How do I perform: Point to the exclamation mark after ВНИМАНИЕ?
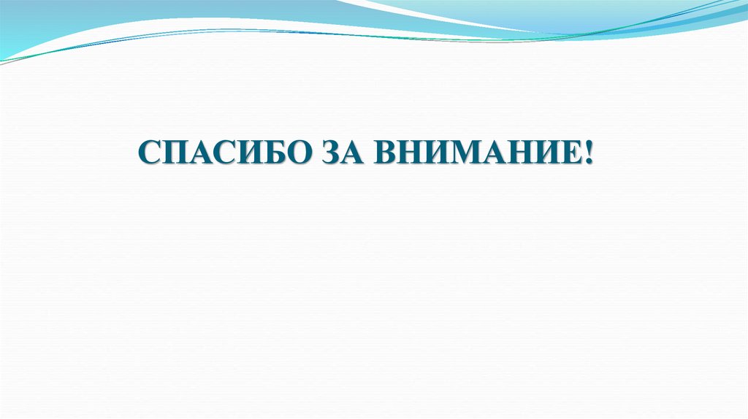pyautogui.click(x=589, y=154)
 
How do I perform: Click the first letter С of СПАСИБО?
pyautogui.click(x=148, y=154)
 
